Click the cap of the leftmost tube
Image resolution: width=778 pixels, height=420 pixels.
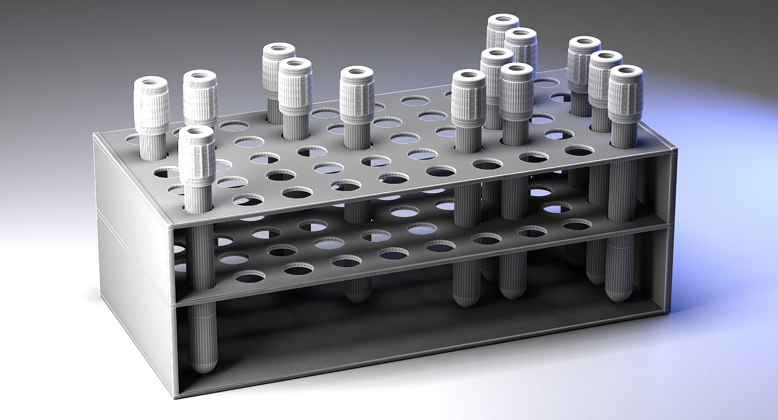[151, 106]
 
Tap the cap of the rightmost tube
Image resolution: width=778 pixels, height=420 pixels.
[626, 94]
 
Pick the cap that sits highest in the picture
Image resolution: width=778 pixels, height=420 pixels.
[503, 31]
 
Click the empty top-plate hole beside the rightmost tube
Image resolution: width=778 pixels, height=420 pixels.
[579, 151]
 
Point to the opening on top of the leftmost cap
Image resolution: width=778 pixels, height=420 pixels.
[151, 82]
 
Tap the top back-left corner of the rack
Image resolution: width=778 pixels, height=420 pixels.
[95, 135]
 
